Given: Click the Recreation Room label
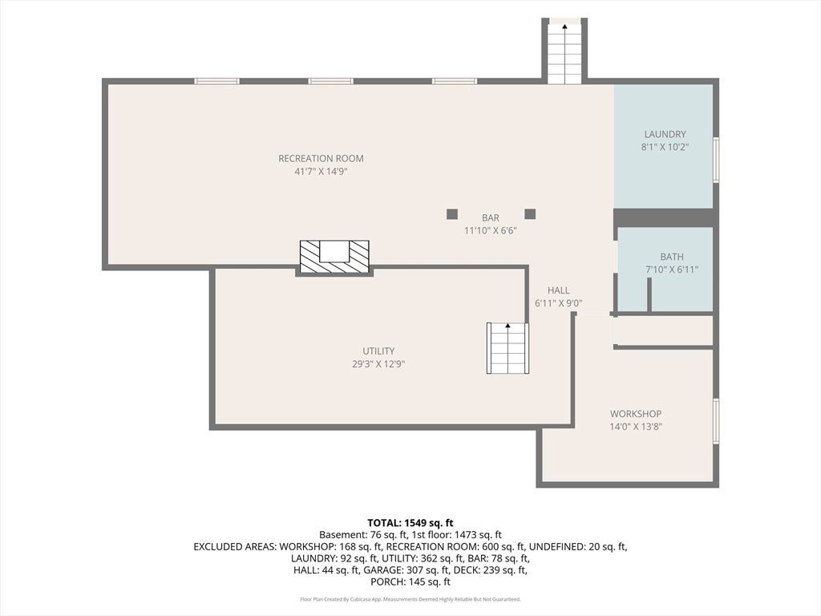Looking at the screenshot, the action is coord(321,158).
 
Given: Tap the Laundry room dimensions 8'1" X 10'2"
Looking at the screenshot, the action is coord(665,148).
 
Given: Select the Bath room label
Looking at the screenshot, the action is coord(672,257).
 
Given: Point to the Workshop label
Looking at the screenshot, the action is coord(636,414).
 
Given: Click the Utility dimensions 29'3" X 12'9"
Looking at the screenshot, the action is coord(378,364).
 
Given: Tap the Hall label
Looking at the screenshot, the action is coord(559,290).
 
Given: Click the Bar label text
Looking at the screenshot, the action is coord(491,217).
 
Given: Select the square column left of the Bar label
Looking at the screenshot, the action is coord(452,213).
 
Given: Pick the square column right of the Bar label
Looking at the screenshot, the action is coord(530,213).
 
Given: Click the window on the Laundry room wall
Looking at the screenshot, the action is coord(716,160).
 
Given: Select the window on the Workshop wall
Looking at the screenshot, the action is coord(716,421).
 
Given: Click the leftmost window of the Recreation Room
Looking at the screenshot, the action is coord(216,81).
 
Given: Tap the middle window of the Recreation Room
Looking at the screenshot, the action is coord(330,81).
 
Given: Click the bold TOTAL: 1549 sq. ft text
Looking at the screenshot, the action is coord(410,523).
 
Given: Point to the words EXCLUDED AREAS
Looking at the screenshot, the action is coord(235,547).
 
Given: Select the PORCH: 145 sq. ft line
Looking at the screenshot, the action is coord(410,582).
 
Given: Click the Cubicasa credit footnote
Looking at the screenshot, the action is coord(410,599).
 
